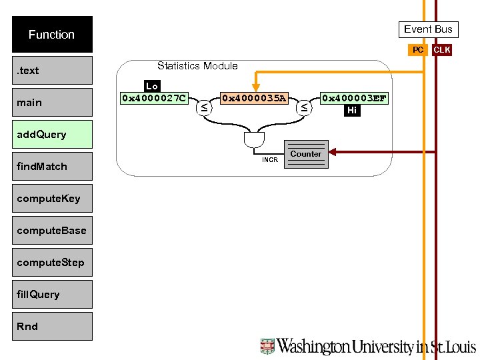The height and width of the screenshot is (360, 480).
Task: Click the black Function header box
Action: [52, 35]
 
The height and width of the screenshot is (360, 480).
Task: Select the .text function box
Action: [52, 70]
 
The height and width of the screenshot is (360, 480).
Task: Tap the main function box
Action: [52, 102]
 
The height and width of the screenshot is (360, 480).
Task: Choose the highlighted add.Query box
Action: [52, 134]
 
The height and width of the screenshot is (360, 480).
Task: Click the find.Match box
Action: [52, 166]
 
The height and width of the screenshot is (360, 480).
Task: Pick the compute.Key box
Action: [52, 198]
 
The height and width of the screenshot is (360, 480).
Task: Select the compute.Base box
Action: [52, 230]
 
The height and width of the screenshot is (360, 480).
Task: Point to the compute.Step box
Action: [52, 262]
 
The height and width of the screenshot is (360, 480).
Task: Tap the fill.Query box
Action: [52, 294]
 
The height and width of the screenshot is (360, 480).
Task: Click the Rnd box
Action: [52, 326]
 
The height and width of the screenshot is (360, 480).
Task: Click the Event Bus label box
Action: [428, 29]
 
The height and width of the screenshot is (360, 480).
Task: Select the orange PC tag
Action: [417, 50]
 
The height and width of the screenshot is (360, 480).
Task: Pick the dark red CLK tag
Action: [441, 50]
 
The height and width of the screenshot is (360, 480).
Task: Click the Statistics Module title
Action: [197, 65]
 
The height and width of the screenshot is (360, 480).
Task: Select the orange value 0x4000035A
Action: [253, 99]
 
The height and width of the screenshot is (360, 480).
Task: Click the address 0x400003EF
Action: [353, 99]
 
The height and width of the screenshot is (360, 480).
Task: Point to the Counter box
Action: [306, 154]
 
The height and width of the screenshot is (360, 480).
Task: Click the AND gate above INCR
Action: [254, 141]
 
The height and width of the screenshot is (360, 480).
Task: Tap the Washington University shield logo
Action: [267, 346]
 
